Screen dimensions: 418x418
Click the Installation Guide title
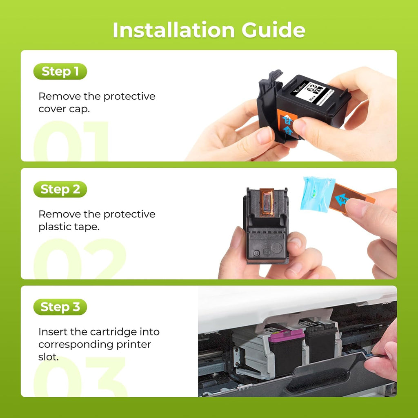tap(209, 30)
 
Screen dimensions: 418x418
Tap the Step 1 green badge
tap(60, 71)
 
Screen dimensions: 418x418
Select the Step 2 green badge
tap(60, 189)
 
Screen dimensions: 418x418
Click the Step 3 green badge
tap(60, 307)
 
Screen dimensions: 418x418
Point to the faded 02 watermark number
tap(80, 259)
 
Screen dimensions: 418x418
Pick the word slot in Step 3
tap(48, 357)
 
